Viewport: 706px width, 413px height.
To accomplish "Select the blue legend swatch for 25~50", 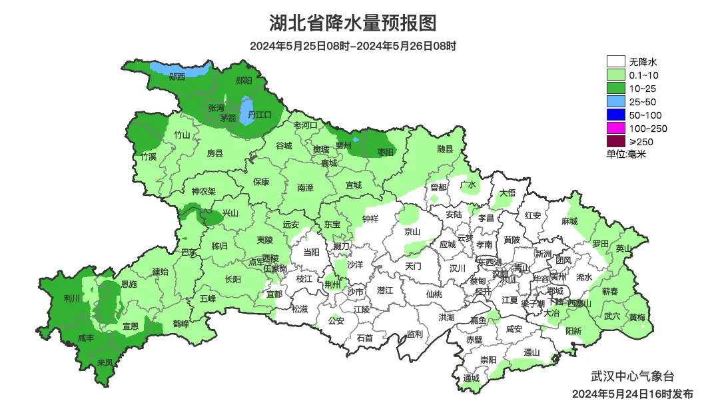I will coord(615,102).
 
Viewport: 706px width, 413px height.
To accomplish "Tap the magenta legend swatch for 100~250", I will coord(615,128).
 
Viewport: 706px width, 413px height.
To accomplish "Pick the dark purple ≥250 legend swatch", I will coord(615,141).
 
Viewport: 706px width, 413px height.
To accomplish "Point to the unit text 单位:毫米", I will coord(626,155).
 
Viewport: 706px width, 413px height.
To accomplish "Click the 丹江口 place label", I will coord(260,115).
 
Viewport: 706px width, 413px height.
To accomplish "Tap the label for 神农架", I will coord(204,191).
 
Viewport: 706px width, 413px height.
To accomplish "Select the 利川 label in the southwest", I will coord(72,298).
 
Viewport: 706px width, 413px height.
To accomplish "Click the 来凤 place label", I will coord(105,362).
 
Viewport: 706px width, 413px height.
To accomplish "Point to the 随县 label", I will coord(445,150).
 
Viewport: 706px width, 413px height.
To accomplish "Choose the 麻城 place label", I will coord(569,221).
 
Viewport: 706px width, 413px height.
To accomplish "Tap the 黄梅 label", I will coord(637,317).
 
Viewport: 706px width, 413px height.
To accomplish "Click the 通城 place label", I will coord(471,378).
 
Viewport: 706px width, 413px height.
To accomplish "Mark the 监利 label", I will coord(414,334).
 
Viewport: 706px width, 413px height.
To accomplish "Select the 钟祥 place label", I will coord(370,219).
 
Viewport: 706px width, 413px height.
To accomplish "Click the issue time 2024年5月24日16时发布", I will coord(632,394).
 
